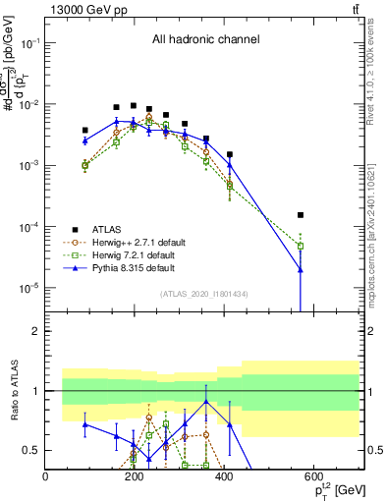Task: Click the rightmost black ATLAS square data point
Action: (301, 215)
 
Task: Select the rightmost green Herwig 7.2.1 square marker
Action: (301, 246)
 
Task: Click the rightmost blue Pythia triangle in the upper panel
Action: (301, 269)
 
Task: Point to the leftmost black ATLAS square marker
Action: (85, 130)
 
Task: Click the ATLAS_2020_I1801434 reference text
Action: (204, 295)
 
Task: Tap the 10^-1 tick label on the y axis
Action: (28, 44)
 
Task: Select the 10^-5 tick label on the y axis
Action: (28, 288)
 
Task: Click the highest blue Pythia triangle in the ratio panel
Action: (206, 401)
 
